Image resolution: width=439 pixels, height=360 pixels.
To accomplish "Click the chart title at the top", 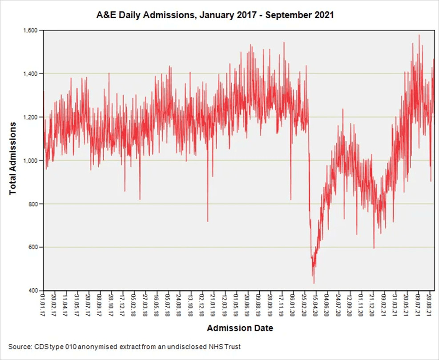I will (215, 15).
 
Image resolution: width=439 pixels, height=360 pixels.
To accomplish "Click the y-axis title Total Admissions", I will (13, 158).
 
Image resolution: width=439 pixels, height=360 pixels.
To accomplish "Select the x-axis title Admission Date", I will (240, 328).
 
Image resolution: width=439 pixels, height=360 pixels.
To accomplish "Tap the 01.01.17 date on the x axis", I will (43, 304).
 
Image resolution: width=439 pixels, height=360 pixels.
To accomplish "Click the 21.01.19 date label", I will (213, 304).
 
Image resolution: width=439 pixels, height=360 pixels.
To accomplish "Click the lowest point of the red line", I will (314, 283).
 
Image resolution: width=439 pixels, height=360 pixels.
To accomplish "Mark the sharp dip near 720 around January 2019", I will (207, 221).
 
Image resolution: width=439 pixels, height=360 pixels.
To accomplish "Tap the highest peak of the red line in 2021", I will (419, 35).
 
